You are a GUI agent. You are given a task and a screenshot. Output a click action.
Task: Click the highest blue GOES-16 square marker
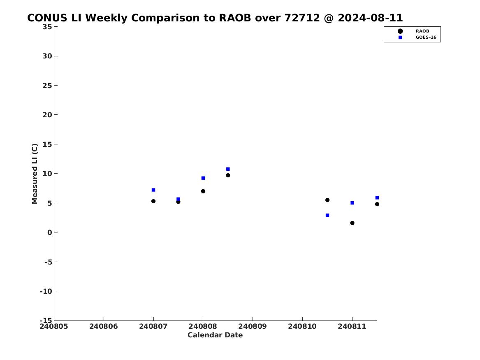pyautogui.click(x=228, y=169)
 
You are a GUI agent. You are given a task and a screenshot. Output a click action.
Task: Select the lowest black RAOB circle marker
pyautogui.click(x=352, y=223)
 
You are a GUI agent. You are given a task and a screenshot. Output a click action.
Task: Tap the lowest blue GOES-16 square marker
pyautogui.click(x=327, y=215)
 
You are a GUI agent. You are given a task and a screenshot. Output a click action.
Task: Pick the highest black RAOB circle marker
pyautogui.click(x=228, y=175)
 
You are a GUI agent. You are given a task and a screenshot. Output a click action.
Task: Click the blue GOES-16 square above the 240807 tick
pyautogui.click(x=153, y=190)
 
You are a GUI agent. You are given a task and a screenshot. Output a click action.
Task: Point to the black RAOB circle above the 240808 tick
pyautogui.click(x=203, y=191)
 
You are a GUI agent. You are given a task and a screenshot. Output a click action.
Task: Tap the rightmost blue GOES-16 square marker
pyautogui.click(x=377, y=197)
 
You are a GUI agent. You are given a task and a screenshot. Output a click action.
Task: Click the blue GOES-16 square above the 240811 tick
pyautogui.click(x=352, y=203)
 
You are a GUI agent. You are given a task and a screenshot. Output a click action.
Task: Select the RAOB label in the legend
pyautogui.click(x=422, y=31)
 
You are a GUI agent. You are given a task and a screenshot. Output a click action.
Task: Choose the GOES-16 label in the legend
pyautogui.click(x=426, y=37)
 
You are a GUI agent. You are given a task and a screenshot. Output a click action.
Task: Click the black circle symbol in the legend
pyautogui.click(x=400, y=31)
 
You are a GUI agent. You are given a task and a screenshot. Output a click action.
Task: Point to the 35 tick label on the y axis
pyautogui.click(x=47, y=27)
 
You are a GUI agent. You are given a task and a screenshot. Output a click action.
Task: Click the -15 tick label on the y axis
pyautogui.click(x=46, y=321)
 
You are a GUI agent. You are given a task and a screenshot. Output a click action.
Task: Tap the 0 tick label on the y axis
pyautogui.click(x=50, y=232)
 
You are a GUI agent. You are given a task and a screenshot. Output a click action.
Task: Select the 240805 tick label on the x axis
pyautogui.click(x=54, y=327)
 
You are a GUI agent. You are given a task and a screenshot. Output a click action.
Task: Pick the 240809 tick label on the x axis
pyautogui.click(x=253, y=327)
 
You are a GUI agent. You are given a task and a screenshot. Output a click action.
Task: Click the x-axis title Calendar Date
pyautogui.click(x=215, y=335)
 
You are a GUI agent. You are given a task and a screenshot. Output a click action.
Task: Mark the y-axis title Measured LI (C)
pyautogui.click(x=35, y=174)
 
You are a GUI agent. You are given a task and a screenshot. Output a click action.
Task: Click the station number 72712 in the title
pyautogui.click(x=302, y=18)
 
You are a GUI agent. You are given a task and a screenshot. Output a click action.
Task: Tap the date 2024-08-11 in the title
pyautogui.click(x=370, y=18)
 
